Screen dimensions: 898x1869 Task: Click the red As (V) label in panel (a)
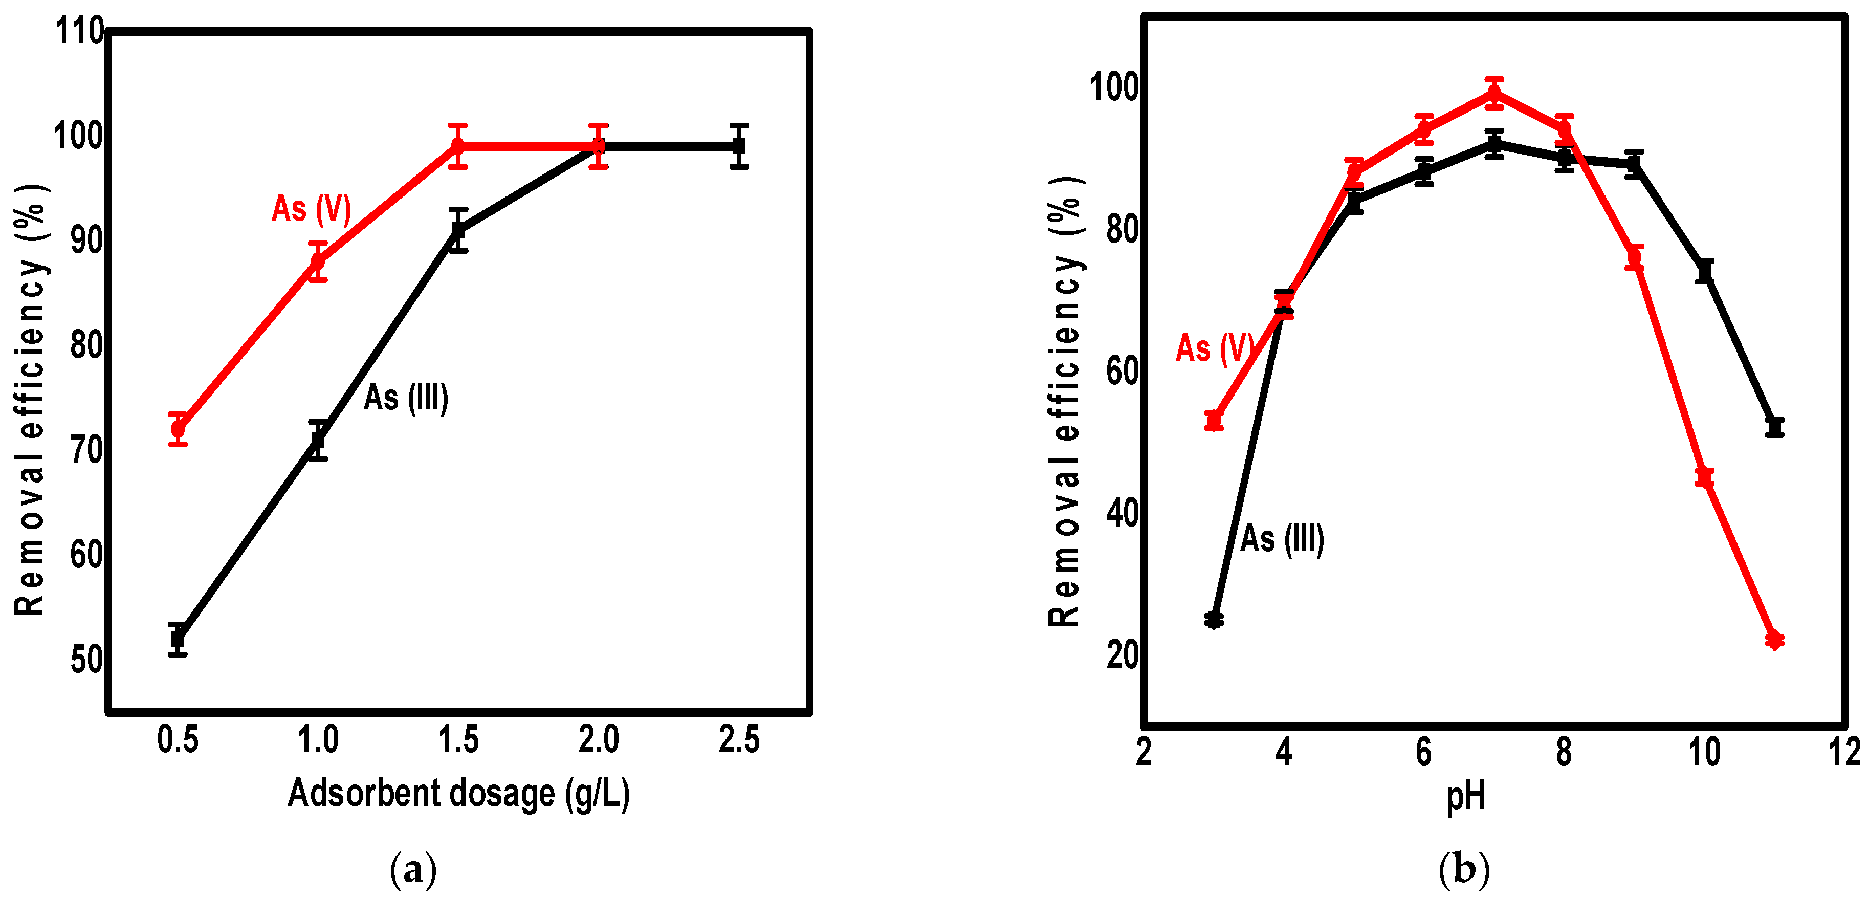pyautogui.click(x=311, y=209)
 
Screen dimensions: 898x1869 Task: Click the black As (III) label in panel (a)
pyautogui.click(x=406, y=398)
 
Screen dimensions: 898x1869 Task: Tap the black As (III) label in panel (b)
pyautogui.click(x=1282, y=539)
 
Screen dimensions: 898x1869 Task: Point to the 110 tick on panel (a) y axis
pyautogui.click(x=80, y=32)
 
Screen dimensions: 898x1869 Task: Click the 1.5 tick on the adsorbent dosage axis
pyautogui.click(x=458, y=740)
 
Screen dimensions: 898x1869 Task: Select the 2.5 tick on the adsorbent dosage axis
pyautogui.click(x=739, y=740)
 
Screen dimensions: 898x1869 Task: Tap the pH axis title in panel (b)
pyautogui.click(x=1466, y=797)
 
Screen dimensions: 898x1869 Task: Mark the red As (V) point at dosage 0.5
pyautogui.click(x=178, y=429)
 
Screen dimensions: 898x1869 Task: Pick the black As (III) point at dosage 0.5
pyautogui.click(x=178, y=639)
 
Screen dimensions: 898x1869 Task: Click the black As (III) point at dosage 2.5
pyautogui.click(x=739, y=146)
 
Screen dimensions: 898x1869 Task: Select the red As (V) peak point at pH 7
pyautogui.click(x=1494, y=93)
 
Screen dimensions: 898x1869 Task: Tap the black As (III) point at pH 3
pyautogui.click(x=1214, y=620)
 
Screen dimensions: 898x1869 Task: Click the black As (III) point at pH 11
pyautogui.click(x=1775, y=427)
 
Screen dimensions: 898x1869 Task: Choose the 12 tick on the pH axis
pyautogui.click(x=1845, y=752)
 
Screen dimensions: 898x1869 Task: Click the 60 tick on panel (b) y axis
pyautogui.click(x=1122, y=371)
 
